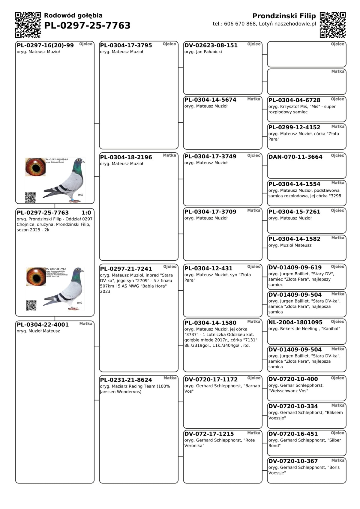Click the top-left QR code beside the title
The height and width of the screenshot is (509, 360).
28,25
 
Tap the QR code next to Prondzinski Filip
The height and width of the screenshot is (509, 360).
333,25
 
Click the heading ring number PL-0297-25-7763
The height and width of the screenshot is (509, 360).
87,26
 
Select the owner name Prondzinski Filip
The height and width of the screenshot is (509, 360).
284,16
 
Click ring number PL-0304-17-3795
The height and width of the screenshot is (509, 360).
126,46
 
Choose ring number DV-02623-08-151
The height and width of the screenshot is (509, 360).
211,46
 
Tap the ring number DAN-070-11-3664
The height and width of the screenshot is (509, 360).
295,157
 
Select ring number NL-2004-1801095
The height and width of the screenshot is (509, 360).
295,322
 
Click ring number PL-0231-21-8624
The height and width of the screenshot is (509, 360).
126,380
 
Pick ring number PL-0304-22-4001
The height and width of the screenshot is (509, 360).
43,325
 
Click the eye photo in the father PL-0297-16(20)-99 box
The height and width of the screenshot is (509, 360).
35,167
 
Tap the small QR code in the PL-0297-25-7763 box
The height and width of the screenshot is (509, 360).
31,305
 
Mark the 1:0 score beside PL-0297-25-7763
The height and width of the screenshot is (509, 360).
86,213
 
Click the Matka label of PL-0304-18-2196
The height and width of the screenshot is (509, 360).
169,155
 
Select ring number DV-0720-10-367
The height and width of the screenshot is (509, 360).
293,461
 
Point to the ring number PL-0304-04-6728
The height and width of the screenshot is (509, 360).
294,100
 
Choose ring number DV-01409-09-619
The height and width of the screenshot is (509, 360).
295,268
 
